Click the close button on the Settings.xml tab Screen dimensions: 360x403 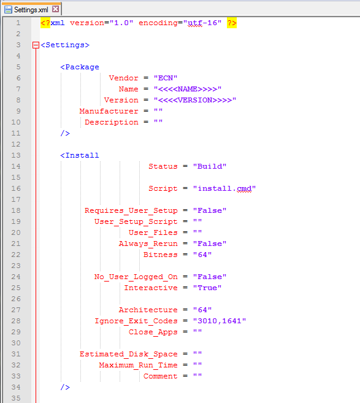56,10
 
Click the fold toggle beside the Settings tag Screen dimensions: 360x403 36,45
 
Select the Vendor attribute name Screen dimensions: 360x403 123,78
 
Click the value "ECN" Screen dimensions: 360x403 166,78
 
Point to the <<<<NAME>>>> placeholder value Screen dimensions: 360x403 188,89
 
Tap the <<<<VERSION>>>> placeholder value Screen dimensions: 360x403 195,100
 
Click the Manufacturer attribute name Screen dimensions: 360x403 109,111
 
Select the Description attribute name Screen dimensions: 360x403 112,122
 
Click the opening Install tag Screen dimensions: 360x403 80,155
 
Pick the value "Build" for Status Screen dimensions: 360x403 210,166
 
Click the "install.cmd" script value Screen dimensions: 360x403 224,188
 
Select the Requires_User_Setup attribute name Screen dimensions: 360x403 131,210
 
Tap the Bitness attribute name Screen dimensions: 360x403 160,255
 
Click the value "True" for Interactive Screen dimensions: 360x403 207,288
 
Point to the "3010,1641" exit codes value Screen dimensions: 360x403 220,321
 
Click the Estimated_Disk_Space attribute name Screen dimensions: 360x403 128,354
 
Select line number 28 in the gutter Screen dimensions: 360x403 16,321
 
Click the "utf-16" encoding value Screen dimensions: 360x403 202,23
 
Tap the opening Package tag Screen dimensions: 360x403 80,67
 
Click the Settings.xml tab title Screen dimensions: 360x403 31,10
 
